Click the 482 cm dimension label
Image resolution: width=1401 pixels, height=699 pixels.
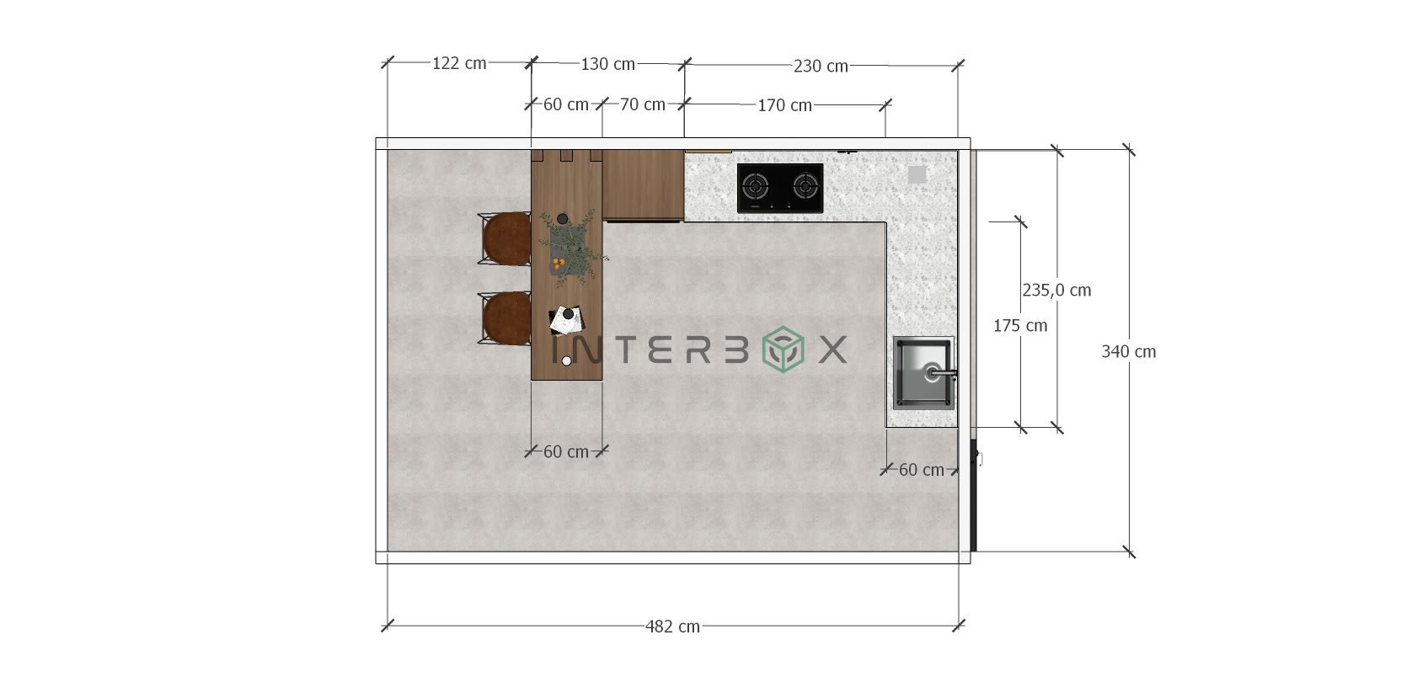click(x=672, y=627)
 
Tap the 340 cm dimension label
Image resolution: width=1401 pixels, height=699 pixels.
click(x=1128, y=352)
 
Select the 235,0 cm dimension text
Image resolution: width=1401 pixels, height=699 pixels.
click(x=1056, y=291)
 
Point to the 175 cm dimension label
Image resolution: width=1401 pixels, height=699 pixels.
click(x=1020, y=326)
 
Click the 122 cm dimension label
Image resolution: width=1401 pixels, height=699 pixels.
click(x=459, y=63)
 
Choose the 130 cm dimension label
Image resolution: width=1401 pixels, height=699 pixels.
click(x=607, y=64)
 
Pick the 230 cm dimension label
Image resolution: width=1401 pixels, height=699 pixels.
click(x=821, y=66)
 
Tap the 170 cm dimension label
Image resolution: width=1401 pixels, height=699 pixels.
click(x=784, y=105)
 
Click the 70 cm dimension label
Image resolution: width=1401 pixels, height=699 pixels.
click(x=643, y=104)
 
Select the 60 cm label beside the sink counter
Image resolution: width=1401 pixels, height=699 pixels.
click(x=921, y=470)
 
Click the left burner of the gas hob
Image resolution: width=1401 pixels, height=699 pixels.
click(x=757, y=185)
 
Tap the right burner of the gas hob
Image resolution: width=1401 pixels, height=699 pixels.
click(x=806, y=185)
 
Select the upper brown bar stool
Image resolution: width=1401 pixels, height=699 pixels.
click(x=505, y=238)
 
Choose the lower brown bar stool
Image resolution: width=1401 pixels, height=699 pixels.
click(x=505, y=317)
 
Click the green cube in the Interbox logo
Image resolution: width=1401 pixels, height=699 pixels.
click(x=783, y=349)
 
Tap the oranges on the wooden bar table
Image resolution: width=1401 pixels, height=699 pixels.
click(x=558, y=264)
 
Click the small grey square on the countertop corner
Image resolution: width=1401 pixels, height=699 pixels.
click(x=917, y=174)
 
